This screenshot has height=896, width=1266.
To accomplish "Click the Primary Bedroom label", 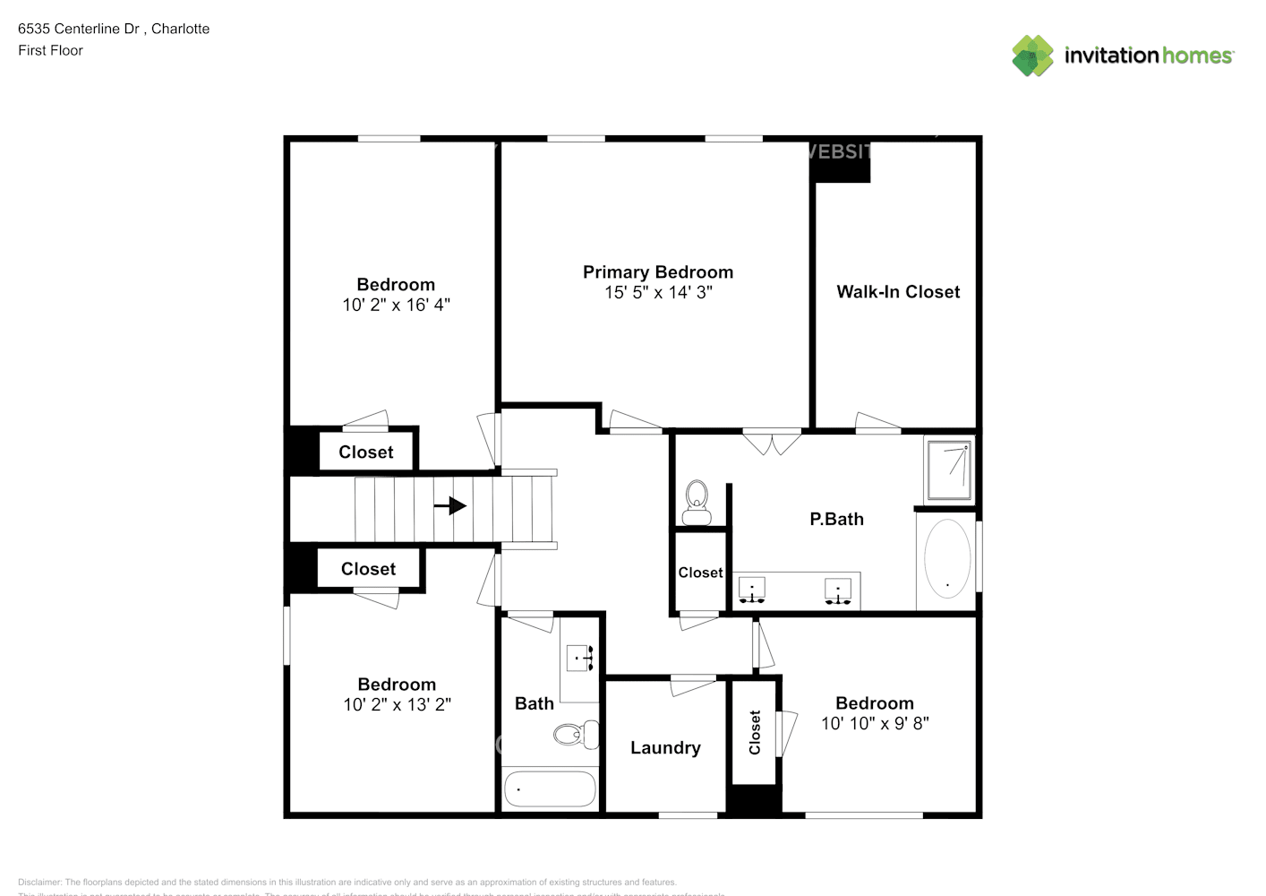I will pyautogui.click(x=658, y=272).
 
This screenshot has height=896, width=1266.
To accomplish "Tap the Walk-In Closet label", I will pyautogui.click(x=898, y=292).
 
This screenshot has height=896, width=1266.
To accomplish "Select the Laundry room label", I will pyautogui.click(x=665, y=748).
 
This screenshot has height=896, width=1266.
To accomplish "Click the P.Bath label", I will pyautogui.click(x=836, y=519).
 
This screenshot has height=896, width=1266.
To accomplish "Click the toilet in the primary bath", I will pyautogui.click(x=696, y=502).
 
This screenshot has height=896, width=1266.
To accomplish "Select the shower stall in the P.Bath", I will pyautogui.click(x=948, y=469).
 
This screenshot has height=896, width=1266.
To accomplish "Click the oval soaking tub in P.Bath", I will pyautogui.click(x=946, y=559).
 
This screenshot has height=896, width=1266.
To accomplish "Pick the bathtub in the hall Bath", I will pyautogui.click(x=550, y=789).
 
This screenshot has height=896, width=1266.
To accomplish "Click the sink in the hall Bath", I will pyautogui.click(x=581, y=659).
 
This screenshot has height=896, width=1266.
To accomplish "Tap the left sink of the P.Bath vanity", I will pyautogui.click(x=751, y=590).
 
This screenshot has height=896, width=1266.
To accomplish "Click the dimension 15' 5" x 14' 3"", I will pyautogui.click(x=658, y=293).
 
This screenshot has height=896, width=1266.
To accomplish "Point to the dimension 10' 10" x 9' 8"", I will pyautogui.click(x=875, y=724).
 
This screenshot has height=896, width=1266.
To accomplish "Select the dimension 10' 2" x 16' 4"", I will pyautogui.click(x=396, y=306).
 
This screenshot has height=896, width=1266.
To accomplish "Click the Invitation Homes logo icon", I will pyautogui.click(x=1032, y=56).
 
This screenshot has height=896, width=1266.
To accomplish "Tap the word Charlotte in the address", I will pyautogui.click(x=180, y=29).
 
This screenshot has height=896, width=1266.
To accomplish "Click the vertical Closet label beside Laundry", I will pyautogui.click(x=755, y=732).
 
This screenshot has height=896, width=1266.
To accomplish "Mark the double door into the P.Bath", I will pyautogui.click(x=772, y=441).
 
